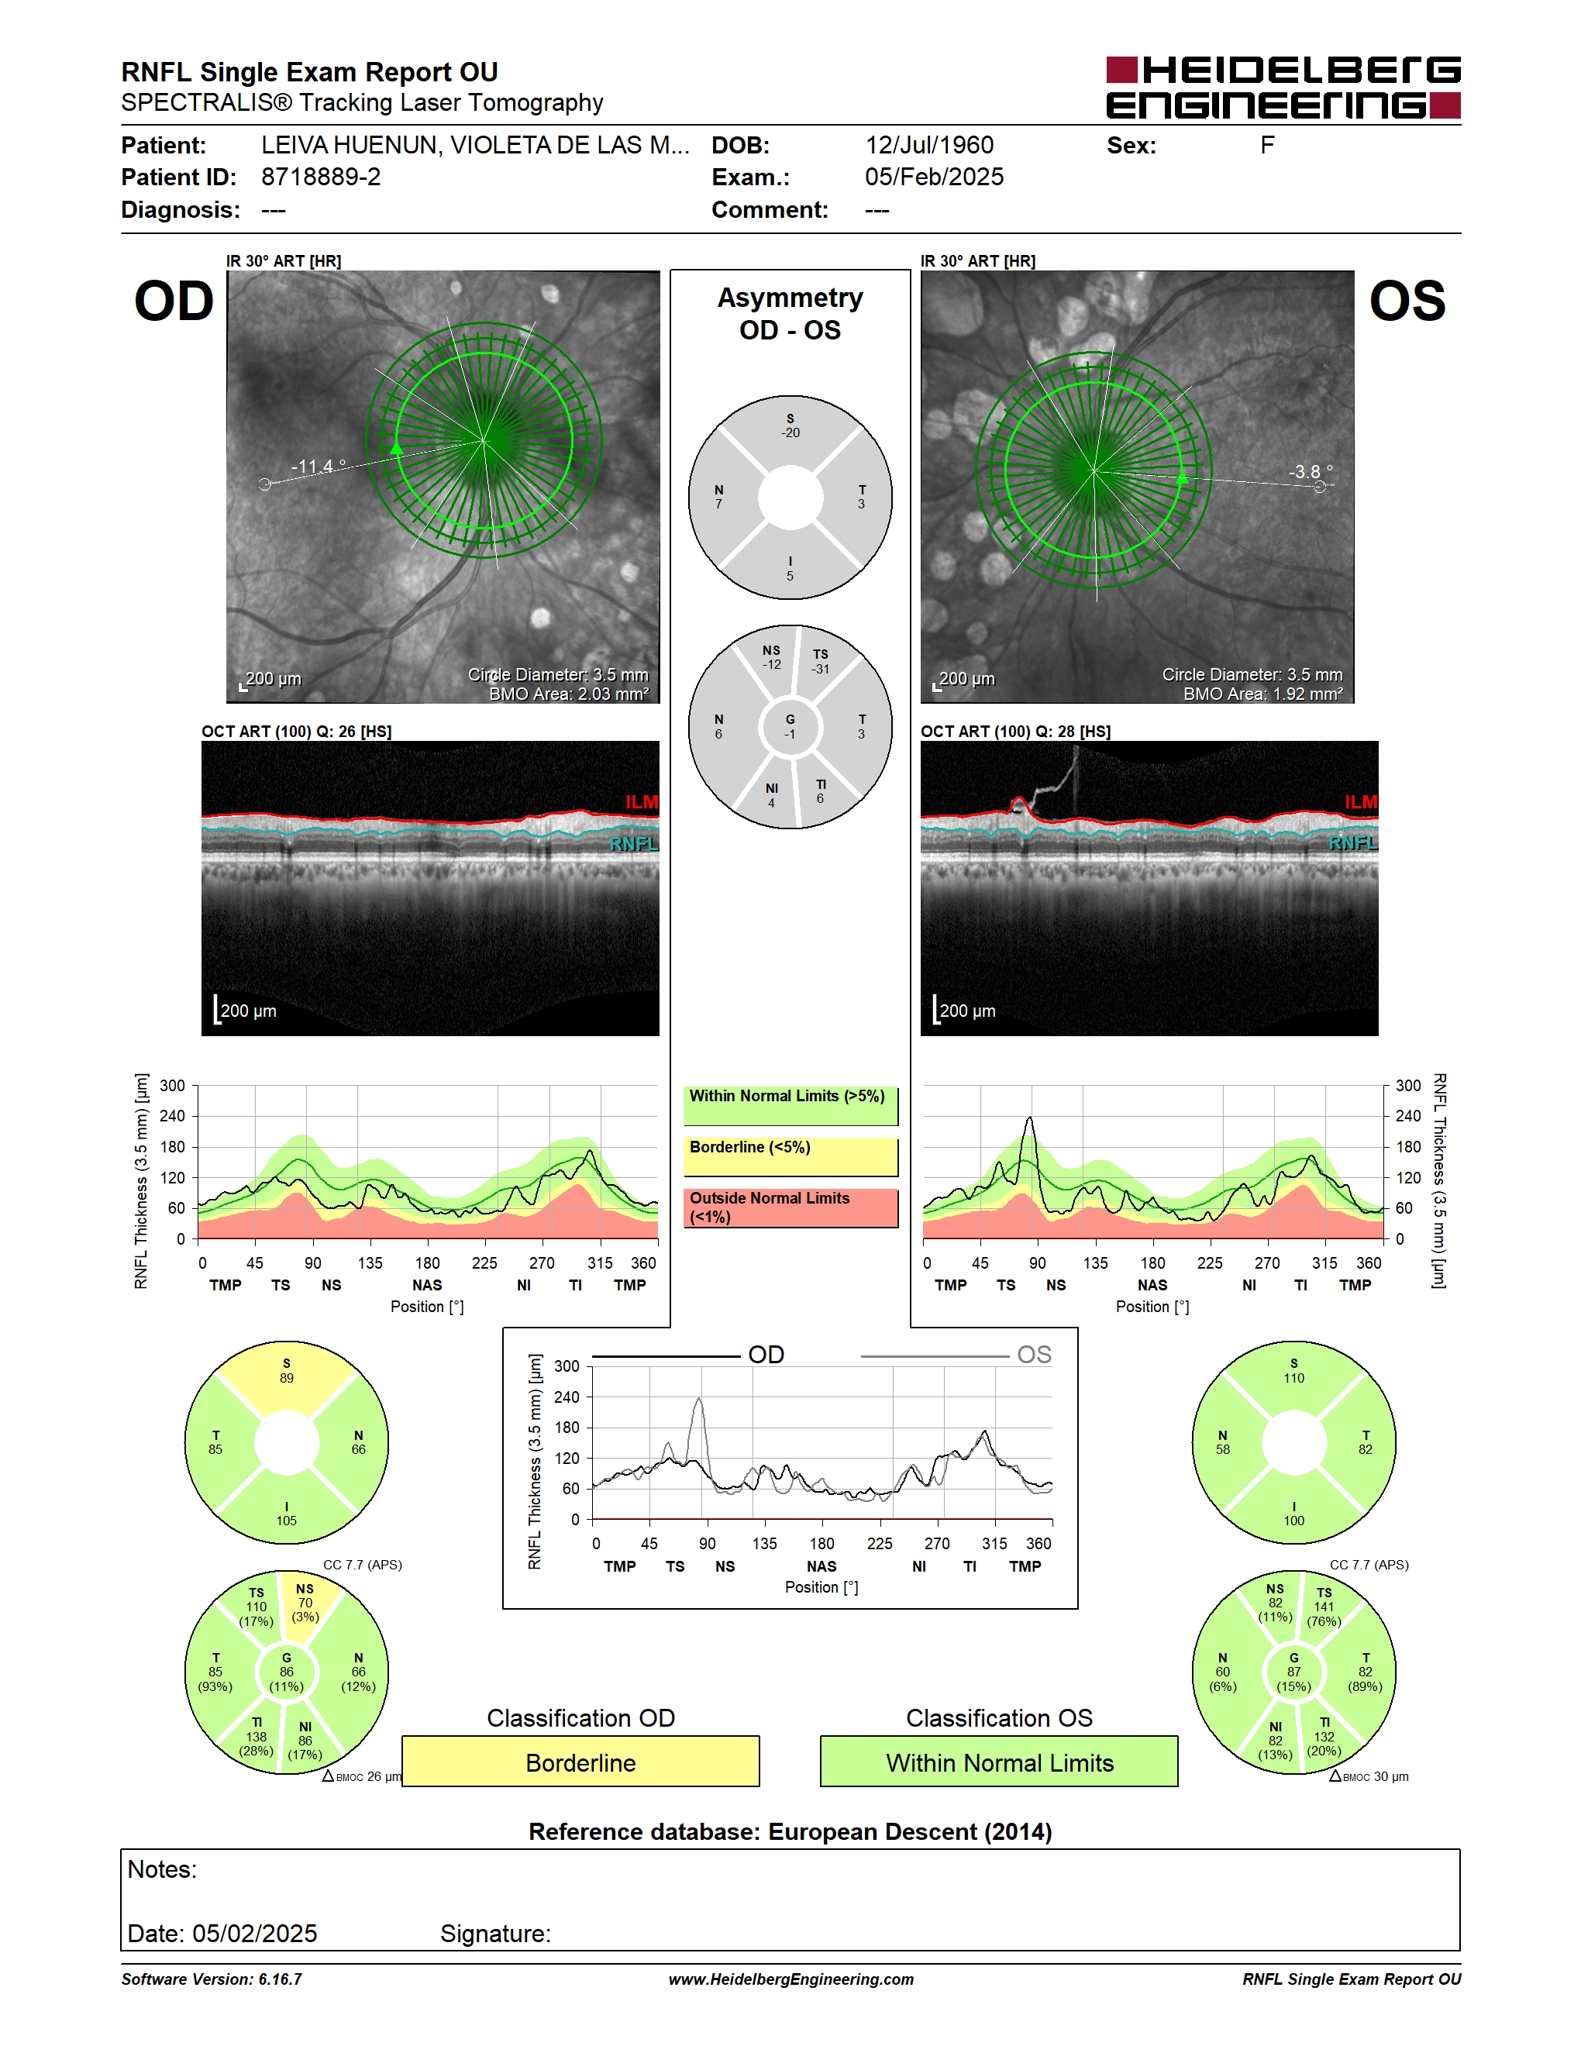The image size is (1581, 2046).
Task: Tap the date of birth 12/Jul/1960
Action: pos(929,145)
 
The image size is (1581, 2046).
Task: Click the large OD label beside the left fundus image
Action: pos(174,301)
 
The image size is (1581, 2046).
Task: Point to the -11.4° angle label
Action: pos(319,466)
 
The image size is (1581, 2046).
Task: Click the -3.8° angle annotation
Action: pos(1311,471)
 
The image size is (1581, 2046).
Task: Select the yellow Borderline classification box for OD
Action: pos(580,1762)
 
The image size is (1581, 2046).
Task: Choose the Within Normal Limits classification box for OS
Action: pos(1000,1762)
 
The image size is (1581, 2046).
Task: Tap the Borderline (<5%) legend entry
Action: pos(790,1156)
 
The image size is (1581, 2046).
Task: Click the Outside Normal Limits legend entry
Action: pos(790,1207)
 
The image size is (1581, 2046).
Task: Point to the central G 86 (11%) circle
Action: pos(287,1672)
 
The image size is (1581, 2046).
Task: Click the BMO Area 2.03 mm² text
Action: pos(569,694)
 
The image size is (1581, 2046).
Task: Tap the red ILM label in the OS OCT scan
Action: pos(1360,802)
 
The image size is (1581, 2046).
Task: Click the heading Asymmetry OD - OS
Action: pos(790,314)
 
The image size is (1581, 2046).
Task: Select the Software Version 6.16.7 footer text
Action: pos(212,1979)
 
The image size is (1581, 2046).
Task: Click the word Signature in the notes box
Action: pos(495,1934)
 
